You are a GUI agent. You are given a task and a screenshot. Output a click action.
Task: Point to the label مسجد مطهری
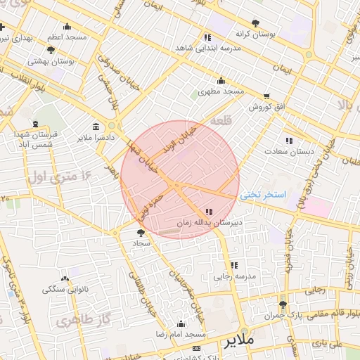point(221,91)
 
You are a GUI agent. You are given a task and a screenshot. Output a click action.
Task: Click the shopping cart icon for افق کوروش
point(266,97)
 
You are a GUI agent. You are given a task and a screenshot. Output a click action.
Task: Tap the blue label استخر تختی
point(262,195)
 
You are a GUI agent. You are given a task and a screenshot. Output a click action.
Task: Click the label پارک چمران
point(283,316)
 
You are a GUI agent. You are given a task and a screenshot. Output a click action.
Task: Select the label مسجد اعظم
point(67,36)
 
